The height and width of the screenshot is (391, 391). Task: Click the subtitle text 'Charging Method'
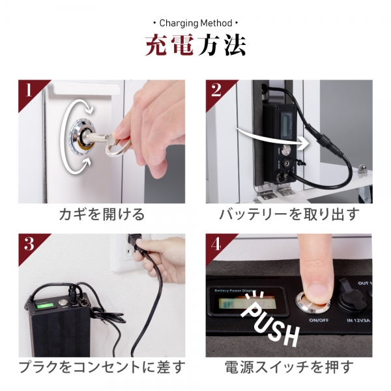(x=195, y=24)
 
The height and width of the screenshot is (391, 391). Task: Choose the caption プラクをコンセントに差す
(x=102, y=369)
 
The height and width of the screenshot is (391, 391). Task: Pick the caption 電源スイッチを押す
(x=289, y=369)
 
